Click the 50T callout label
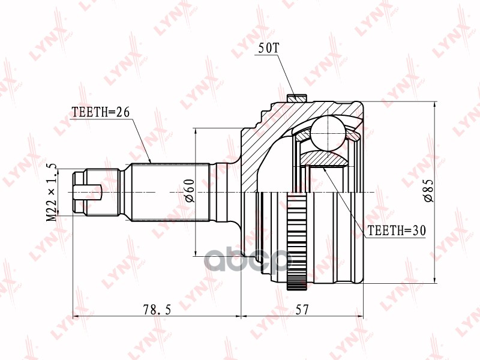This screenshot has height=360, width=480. (x=269, y=48)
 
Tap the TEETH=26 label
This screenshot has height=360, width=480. (x=100, y=112)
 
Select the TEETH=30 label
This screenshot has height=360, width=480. (x=397, y=230)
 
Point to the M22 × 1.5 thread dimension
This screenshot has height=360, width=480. (x=52, y=192)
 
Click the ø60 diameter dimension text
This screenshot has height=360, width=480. (x=190, y=191)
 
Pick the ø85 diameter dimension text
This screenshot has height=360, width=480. (x=428, y=191)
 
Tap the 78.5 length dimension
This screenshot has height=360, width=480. (x=157, y=310)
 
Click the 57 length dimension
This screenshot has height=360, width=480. (x=302, y=310)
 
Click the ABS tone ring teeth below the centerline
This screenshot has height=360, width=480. (x=297, y=241)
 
